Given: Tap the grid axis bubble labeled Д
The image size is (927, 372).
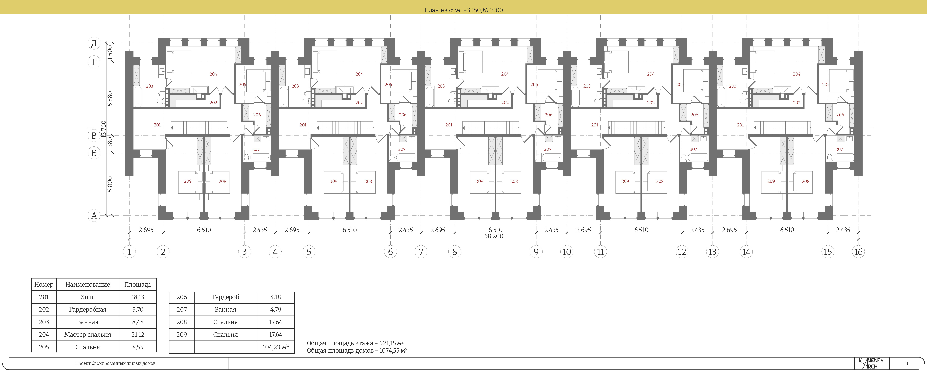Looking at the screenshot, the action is coord(94,44).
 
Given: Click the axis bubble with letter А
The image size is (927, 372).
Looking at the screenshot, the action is coord(94,216).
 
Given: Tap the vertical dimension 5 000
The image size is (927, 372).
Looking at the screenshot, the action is coord(110,184).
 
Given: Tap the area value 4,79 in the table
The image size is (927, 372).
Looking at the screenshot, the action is coord(276,309).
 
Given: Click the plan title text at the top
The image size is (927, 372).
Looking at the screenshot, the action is coord(464,10).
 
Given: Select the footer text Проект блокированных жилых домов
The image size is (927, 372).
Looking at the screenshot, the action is coord(115,363).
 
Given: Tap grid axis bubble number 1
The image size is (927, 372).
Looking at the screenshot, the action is coord(129,251).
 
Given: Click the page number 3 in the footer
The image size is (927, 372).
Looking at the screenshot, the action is coord(907,363).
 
